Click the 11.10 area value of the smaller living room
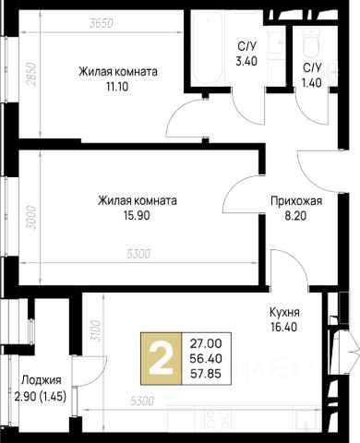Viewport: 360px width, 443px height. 117,87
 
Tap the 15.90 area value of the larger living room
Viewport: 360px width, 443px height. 137,216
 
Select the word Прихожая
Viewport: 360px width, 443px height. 296,201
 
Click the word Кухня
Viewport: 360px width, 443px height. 284,313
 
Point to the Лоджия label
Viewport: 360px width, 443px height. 42,380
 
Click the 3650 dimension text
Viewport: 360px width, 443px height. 102,23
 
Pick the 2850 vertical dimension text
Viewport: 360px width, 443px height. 31,75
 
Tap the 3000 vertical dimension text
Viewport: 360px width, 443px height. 31,218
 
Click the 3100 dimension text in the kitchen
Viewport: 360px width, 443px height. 96,331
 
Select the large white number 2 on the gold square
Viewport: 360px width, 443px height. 161,359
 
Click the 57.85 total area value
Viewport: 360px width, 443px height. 206,374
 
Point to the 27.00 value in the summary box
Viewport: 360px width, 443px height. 206,343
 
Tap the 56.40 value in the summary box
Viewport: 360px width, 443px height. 206,358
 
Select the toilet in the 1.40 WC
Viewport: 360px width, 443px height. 310,43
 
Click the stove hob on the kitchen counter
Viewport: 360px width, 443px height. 218,418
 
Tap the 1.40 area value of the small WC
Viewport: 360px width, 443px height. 312,83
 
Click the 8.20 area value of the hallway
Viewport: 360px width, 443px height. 295,216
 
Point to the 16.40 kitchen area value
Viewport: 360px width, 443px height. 283,327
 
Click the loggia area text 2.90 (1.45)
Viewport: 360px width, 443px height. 41,395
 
